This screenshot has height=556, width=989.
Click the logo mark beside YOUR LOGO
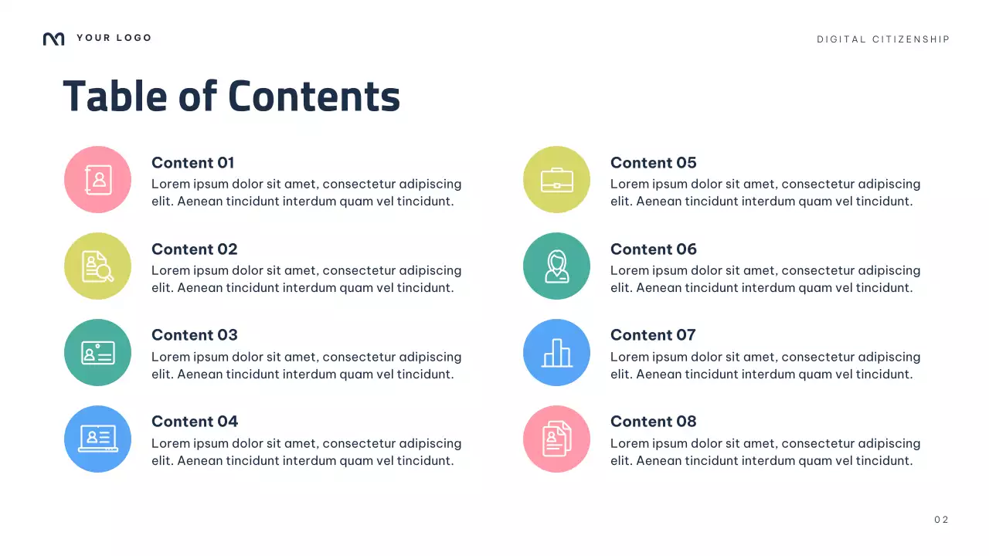(x=53, y=39)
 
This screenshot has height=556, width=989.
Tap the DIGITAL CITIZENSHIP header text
(x=883, y=39)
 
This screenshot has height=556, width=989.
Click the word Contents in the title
(x=314, y=97)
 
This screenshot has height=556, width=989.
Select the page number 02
(x=941, y=520)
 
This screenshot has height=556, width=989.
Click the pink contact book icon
(x=97, y=179)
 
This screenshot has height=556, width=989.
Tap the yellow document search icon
(x=97, y=266)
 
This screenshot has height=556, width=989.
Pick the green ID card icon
(x=97, y=352)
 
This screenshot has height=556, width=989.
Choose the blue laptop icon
(x=97, y=439)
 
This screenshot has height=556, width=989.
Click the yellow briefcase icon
(x=556, y=179)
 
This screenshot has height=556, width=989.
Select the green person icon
(x=556, y=266)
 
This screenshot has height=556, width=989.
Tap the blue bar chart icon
(x=556, y=352)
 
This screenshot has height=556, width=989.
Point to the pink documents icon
(x=556, y=439)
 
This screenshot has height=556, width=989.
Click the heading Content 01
(x=192, y=163)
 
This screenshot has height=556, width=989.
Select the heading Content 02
(x=194, y=249)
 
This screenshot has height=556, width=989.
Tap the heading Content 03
(x=194, y=335)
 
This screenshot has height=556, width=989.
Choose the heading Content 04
(x=195, y=422)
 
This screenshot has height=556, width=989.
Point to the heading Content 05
(x=653, y=163)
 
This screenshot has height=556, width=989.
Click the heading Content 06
(x=653, y=249)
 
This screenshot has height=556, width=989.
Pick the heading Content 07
(x=653, y=335)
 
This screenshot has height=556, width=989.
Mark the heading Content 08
(x=653, y=422)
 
